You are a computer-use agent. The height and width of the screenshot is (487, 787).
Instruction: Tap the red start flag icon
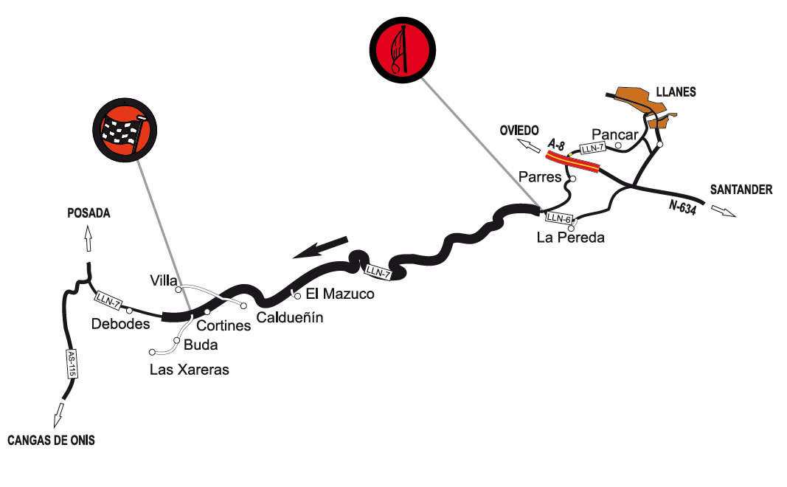[x=401, y=48]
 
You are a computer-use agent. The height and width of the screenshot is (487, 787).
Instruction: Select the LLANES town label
[x=676, y=92]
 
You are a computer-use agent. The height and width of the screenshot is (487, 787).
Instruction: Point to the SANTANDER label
[x=741, y=190]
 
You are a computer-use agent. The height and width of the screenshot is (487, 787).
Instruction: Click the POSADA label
[x=89, y=213]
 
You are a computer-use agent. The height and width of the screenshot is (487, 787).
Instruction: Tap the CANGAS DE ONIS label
[x=51, y=441]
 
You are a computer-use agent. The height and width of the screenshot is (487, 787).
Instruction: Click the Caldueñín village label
[x=290, y=318]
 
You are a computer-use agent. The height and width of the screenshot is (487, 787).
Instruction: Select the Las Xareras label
[x=190, y=370]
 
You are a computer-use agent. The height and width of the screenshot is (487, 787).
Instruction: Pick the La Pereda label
[x=571, y=238]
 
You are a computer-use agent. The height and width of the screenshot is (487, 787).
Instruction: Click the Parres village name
[x=540, y=177]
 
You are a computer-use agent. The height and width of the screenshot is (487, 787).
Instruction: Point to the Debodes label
[x=121, y=324]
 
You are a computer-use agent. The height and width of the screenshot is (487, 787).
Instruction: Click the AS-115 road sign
[x=72, y=365]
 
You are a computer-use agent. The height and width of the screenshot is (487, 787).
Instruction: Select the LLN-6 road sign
[x=558, y=218]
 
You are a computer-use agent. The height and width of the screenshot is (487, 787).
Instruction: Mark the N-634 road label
[x=683, y=208]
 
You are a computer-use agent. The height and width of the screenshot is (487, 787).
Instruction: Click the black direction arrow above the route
[x=320, y=247]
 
